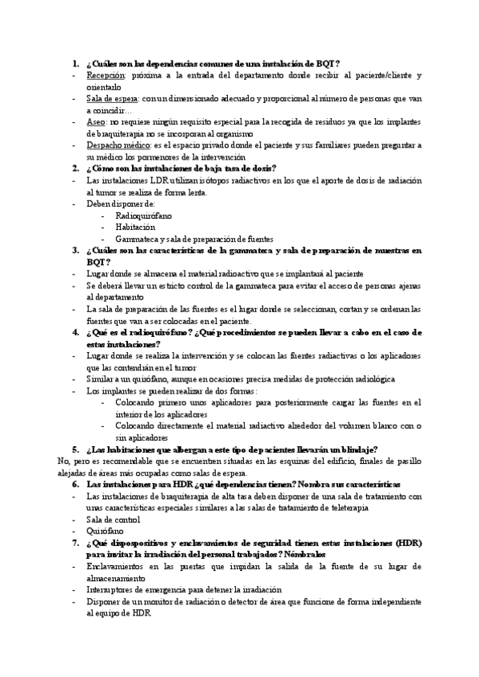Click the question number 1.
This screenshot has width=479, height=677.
(75, 63)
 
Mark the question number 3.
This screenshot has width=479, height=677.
(75, 251)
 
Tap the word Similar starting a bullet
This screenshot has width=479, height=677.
(102, 379)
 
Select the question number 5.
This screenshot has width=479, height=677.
(75, 449)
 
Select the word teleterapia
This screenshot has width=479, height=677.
(345, 508)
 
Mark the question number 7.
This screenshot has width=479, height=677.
(75, 543)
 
